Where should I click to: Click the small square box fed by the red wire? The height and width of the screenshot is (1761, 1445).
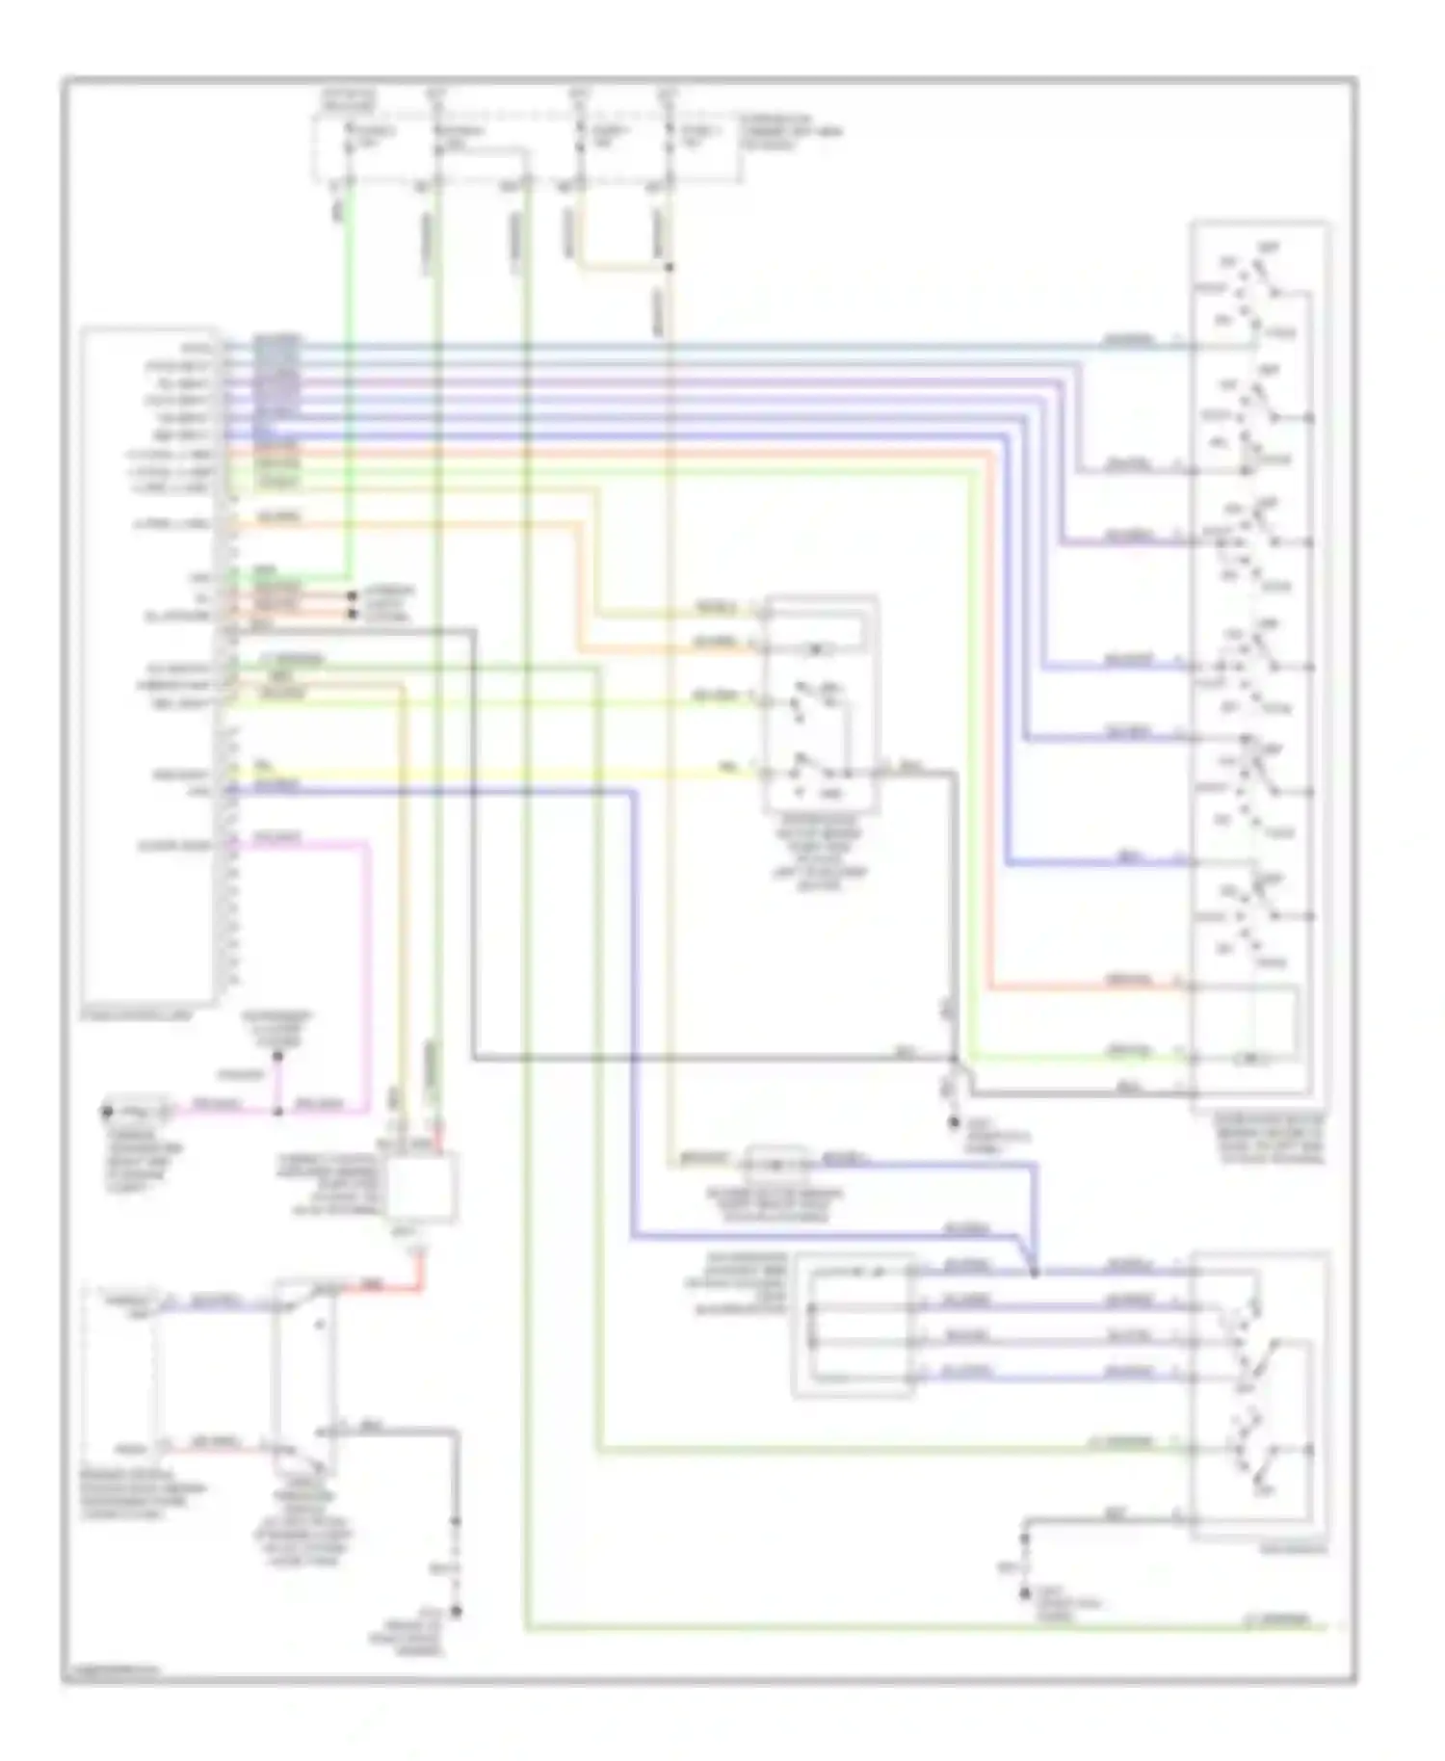point(421,1187)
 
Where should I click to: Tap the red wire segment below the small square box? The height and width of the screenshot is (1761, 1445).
point(421,1274)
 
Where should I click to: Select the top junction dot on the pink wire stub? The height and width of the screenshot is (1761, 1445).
point(278,1056)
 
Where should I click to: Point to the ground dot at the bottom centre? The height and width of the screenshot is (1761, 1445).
point(458,1610)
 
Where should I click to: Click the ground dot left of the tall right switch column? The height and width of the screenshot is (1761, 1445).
point(954,1121)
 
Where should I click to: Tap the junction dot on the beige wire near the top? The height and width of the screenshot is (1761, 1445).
point(669,267)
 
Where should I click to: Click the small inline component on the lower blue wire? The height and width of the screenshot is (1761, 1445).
point(777,1163)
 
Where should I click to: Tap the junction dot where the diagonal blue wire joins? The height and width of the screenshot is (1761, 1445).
point(1034,1272)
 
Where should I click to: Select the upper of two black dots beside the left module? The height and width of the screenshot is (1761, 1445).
point(352,596)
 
